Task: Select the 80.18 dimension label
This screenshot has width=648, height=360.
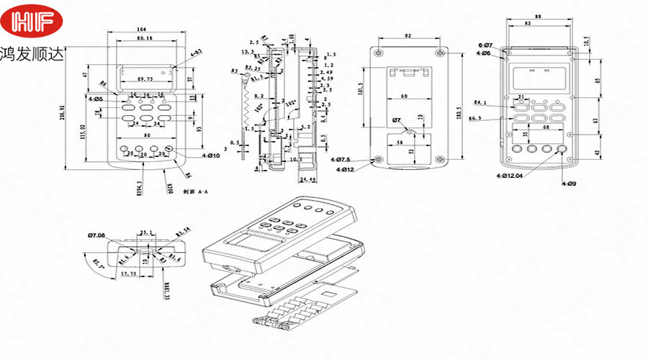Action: click(x=144, y=37)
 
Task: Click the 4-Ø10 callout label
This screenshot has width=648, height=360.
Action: click(x=192, y=156)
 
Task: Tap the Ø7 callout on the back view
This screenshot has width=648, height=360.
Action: click(x=396, y=120)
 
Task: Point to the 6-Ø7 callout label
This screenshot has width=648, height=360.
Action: click(x=484, y=45)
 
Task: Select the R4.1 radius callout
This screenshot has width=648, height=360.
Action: click(x=482, y=103)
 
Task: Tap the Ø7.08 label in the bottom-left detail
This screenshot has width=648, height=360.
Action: click(x=96, y=235)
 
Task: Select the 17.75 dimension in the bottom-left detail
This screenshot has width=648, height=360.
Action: click(x=130, y=274)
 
